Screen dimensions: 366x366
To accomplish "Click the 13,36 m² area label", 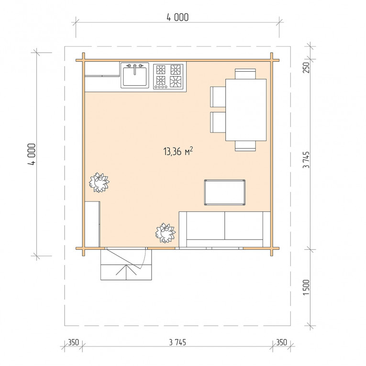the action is (178, 151).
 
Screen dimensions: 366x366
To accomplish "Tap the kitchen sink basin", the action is (135, 77).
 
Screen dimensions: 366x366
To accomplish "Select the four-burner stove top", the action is (168, 77).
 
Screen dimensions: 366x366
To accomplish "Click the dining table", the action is (246, 110).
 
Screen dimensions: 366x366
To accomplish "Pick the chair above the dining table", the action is (245, 74).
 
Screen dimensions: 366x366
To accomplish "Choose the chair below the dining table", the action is (245, 146).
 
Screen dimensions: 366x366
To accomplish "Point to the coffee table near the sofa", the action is (224, 192).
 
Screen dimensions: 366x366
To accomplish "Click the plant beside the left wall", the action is (99, 183).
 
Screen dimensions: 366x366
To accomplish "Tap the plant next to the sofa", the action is (166, 233).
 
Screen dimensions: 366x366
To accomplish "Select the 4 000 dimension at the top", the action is (177, 18).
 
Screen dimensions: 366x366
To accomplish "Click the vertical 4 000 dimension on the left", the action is (32, 154).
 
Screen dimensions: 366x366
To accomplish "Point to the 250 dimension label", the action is (306, 67).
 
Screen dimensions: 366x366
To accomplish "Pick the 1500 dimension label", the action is (306, 288).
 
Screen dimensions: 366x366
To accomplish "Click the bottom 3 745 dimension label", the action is (177, 343).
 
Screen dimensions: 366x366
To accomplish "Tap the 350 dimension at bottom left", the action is (73, 343).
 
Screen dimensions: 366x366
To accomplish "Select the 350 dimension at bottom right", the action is (281, 343).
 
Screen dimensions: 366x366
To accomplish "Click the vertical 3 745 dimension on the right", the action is (306, 160).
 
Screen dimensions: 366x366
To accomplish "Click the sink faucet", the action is (135, 69).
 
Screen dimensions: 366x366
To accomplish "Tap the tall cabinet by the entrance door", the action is (92, 224).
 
